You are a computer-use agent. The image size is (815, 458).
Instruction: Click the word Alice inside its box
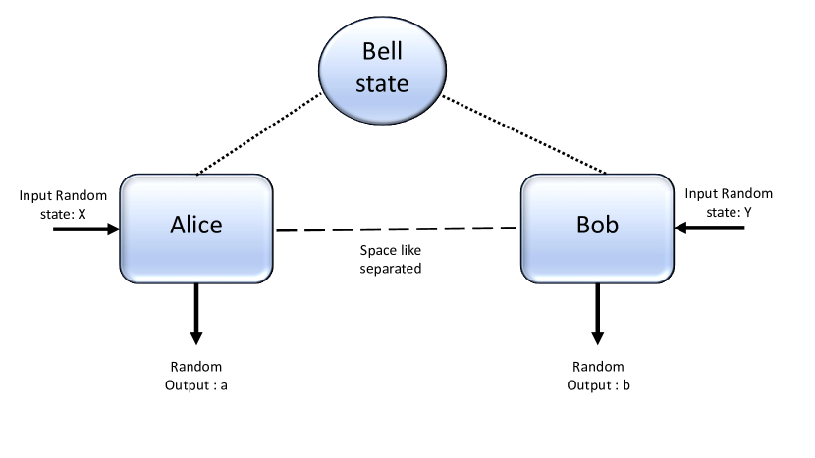pos(196,225)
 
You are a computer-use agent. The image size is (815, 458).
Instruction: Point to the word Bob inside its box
pos(596,225)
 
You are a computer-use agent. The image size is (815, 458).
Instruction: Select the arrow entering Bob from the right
pos(712,229)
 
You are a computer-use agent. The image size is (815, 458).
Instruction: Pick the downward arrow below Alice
pos(196,312)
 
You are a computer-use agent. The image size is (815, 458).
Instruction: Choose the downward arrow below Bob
pos(596,312)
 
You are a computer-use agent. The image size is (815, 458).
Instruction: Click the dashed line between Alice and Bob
pos(397,229)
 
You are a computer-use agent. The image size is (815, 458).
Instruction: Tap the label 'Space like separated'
pos(392,258)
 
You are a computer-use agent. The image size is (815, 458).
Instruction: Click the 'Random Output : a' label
pos(196,376)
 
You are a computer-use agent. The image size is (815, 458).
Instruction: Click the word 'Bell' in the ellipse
pos(383,50)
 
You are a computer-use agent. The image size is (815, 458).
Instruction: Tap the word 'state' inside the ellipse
pos(383,82)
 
